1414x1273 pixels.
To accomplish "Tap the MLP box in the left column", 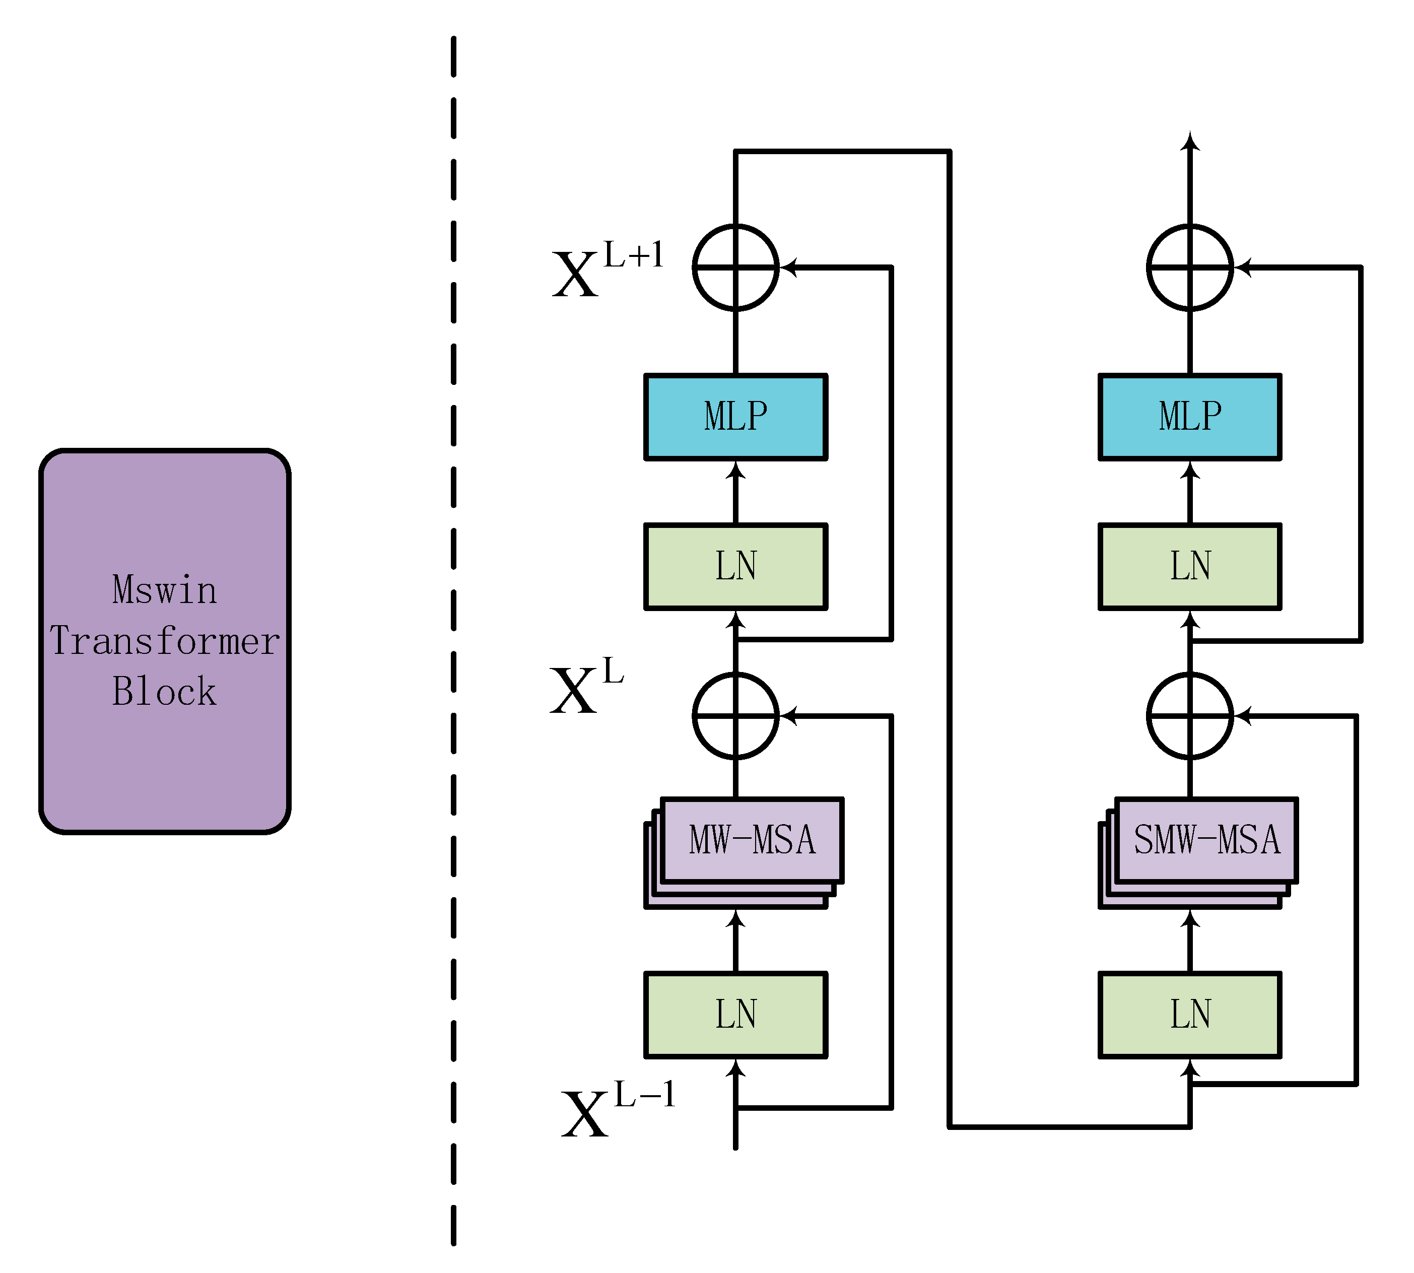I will click(735, 417).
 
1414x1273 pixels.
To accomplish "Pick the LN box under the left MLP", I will click(735, 567).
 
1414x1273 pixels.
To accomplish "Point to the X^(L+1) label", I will click(607, 270).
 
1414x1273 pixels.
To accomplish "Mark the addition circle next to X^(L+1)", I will click(735, 267).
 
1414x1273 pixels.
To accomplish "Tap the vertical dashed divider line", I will click(454, 630).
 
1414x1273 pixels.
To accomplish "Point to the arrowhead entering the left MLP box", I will click(735, 470).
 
